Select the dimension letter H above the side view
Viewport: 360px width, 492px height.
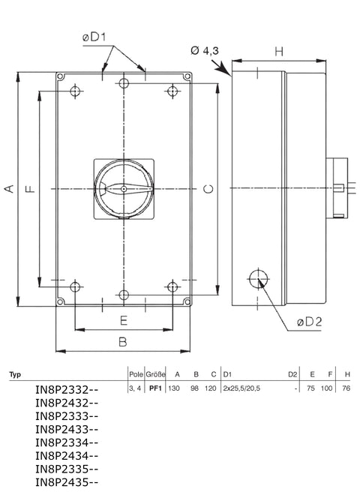(279, 51)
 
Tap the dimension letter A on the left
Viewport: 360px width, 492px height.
(10, 190)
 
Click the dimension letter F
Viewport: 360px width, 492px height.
(29, 190)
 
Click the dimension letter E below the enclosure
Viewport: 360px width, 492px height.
(124, 320)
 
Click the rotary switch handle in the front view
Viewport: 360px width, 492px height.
(124, 190)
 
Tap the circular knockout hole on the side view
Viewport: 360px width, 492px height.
(257, 278)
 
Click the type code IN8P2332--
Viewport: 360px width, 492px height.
(67, 390)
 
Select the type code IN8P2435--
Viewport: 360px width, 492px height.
(67, 484)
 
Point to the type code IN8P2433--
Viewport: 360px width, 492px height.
(67, 430)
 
